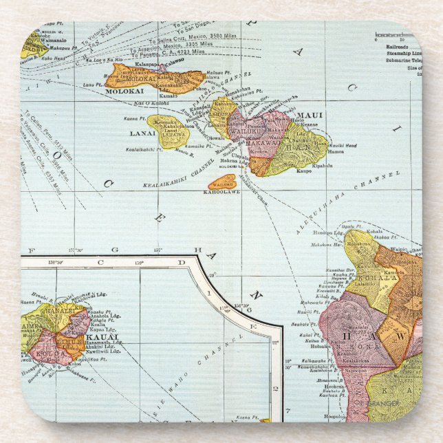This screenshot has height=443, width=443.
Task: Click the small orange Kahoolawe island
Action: pyautogui.click(x=223, y=183)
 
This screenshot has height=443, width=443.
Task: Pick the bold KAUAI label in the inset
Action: pyautogui.click(x=109, y=337)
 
